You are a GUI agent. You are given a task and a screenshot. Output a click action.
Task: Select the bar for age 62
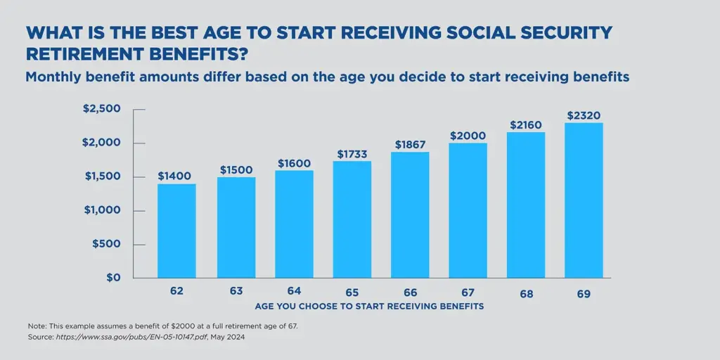[176, 231]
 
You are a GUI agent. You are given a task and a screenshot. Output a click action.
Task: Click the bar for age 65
[352, 219]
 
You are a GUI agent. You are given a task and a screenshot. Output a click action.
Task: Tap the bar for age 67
[468, 210]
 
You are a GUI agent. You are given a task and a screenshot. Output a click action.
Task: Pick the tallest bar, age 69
[584, 200]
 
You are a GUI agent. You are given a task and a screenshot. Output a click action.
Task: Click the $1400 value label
[174, 176]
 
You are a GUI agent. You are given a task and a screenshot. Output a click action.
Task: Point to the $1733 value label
[352, 153]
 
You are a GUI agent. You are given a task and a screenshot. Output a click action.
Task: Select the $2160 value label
[526, 125]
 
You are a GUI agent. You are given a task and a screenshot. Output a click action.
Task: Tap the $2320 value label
[584, 115]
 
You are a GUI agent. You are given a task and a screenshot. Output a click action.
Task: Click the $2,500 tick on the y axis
[102, 109]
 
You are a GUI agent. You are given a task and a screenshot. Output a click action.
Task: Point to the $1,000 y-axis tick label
[102, 210]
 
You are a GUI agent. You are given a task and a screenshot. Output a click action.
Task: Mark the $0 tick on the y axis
[113, 278]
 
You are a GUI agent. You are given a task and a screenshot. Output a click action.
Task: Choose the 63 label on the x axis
[236, 290]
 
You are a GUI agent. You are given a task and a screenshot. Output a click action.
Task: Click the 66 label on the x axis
[410, 292]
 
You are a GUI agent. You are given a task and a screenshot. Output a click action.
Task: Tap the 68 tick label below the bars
[526, 294]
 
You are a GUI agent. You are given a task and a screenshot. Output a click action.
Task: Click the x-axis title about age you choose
[369, 307]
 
